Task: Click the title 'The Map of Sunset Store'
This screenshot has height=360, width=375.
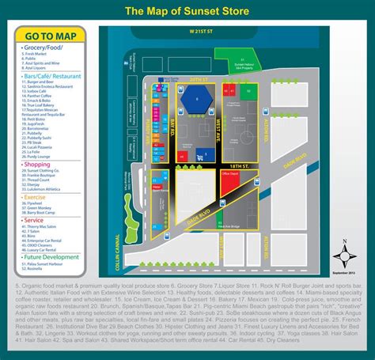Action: coord(187,12)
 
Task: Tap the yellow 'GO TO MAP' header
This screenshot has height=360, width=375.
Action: coord(49,35)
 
